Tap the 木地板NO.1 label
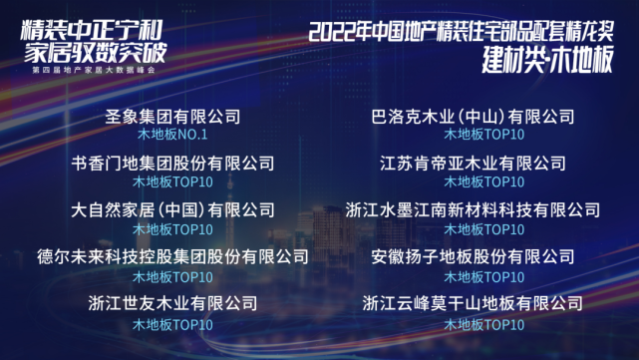click(x=172, y=134)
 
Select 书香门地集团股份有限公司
click(x=172, y=163)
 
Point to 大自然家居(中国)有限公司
click(x=172, y=210)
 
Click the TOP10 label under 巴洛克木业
click(x=483, y=134)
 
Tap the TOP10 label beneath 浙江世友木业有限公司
click(x=172, y=323)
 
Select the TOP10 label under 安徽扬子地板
click(x=483, y=276)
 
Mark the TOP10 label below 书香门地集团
click(x=172, y=181)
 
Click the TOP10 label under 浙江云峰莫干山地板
click(x=483, y=323)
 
